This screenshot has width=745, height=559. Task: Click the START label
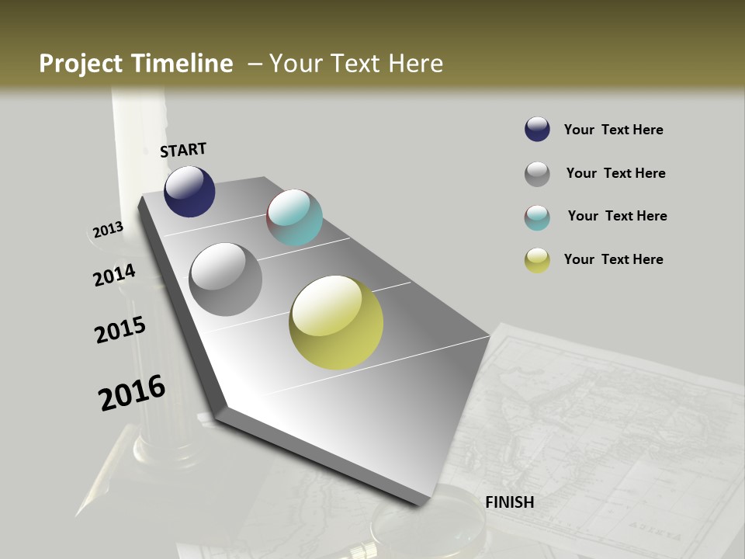point(183,150)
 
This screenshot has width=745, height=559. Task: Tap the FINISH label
point(509,502)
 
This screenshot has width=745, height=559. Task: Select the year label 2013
point(108,230)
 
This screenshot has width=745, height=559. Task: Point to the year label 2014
point(114,276)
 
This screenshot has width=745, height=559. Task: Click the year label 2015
point(120,329)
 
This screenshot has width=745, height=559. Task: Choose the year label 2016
point(132,393)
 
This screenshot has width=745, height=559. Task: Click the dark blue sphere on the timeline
point(189,192)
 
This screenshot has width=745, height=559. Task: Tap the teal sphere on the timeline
point(294,217)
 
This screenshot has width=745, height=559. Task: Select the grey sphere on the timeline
point(225,279)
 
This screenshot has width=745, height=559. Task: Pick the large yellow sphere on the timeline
point(336,322)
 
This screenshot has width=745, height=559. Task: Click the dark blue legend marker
point(537,129)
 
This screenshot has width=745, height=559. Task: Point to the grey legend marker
point(537,173)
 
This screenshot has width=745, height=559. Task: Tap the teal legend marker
point(537,217)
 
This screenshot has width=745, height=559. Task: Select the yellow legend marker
point(537,260)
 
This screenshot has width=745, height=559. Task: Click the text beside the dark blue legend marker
point(613,130)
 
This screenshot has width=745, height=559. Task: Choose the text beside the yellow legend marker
point(613,259)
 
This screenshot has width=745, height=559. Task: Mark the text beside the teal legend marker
point(617,216)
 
